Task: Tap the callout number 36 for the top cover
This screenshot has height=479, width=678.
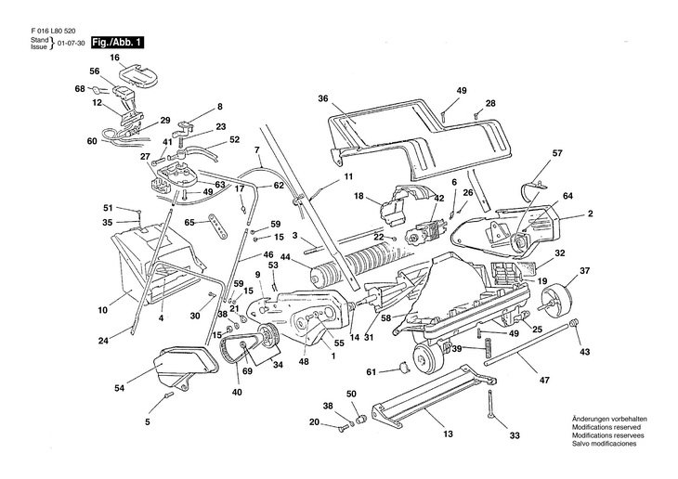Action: pos(323,99)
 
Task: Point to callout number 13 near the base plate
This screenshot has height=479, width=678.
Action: pos(448,434)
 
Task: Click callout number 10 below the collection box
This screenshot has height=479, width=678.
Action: pos(102,299)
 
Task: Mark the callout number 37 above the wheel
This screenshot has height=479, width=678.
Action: pos(585,271)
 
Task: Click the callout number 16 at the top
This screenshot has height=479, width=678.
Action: pos(115,58)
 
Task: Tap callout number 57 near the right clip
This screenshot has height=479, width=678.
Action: pos(557,152)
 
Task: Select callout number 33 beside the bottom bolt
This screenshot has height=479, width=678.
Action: pos(515,436)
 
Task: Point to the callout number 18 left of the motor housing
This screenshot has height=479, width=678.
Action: pos(358,196)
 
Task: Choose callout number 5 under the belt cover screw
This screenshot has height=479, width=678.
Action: pos(147,423)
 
